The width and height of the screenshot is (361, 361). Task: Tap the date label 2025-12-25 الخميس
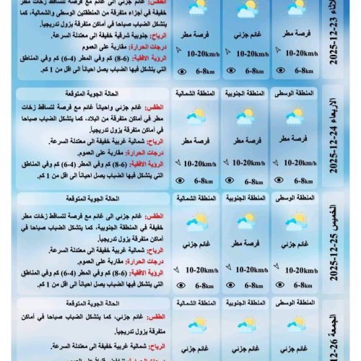(x=342, y=243)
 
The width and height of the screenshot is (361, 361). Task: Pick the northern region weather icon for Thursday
(x=196, y=220)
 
